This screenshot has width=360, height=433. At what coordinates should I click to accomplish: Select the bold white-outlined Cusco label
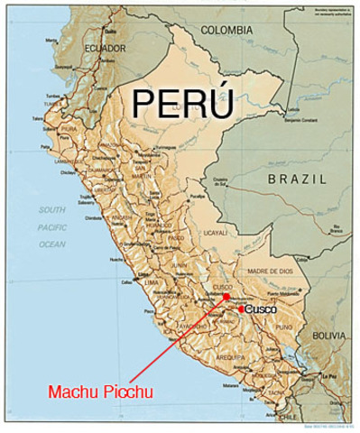(x=261, y=309)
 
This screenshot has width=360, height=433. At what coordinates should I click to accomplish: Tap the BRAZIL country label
(x=296, y=180)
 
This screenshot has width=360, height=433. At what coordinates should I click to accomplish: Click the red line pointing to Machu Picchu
(x=177, y=341)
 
